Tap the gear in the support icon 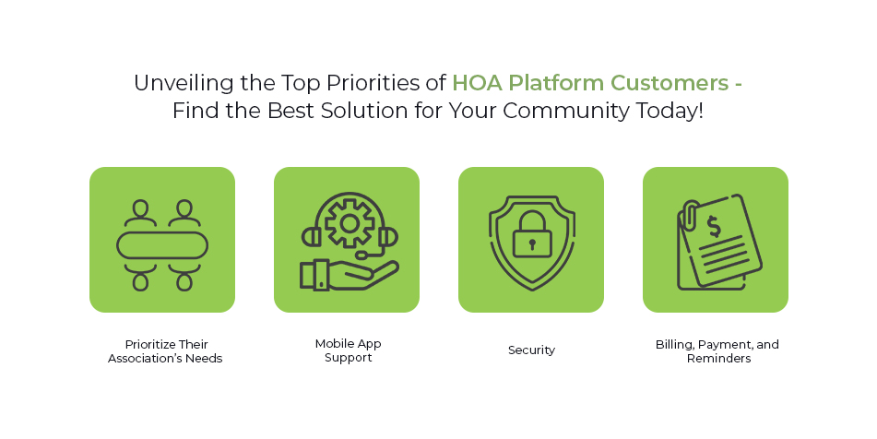click(x=349, y=222)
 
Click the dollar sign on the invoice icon click(x=714, y=225)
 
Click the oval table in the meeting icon click(x=161, y=245)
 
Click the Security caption click(x=531, y=350)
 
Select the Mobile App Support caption click(x=348, y=350)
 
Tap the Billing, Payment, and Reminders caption click(x=717, y=350)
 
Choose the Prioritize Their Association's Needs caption click(x=164, y=350)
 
